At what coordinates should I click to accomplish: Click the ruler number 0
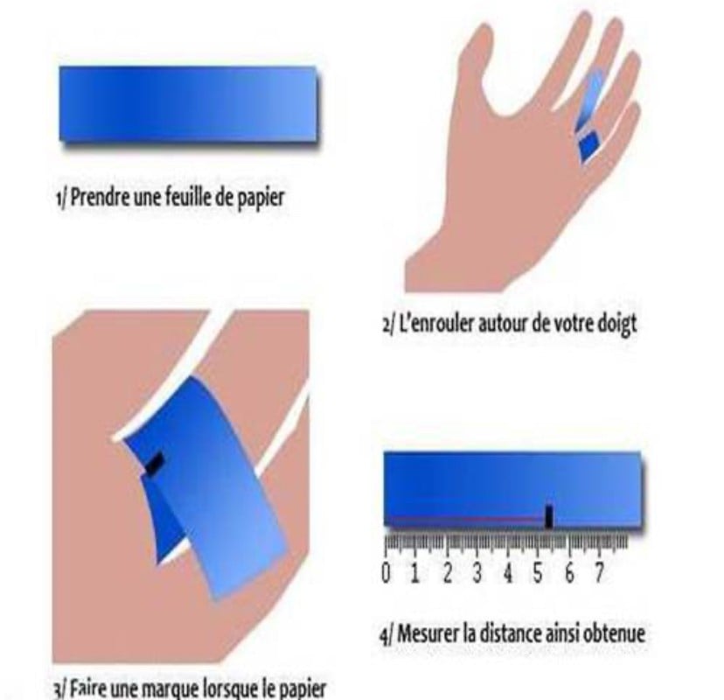pos(386,573)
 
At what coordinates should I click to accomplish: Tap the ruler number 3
pos(477,573)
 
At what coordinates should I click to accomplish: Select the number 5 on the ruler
pos(538,573)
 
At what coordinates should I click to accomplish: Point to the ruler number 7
pos(599,573)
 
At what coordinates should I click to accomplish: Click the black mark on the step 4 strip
pos(548,516)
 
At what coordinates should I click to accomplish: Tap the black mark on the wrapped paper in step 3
pos(156,464)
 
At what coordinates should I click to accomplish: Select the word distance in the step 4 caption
pos(511,633)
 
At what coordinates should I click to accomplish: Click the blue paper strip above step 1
pos(188,104)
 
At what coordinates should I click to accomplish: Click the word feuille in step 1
pos(182,197)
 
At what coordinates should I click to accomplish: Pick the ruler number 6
pos(569,573)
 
